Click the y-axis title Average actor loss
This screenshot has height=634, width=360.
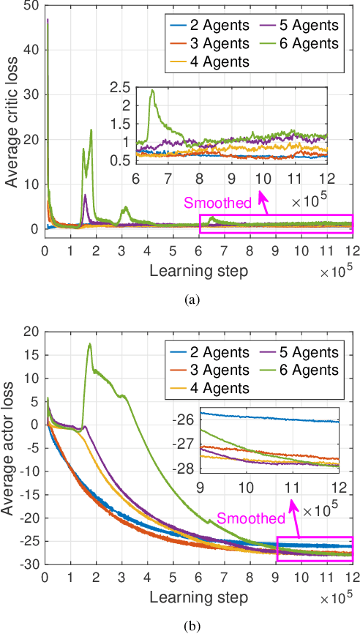click(12, 439)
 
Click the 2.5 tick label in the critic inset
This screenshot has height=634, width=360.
click(120, 88)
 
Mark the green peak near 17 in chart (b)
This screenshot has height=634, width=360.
click(90, 343)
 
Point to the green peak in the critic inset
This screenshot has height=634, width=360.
click(152, 91)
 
